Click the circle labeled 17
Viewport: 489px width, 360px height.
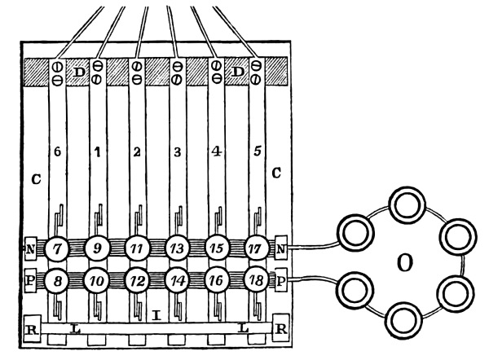[256, 246]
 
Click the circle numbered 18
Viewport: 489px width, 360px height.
[256, 280]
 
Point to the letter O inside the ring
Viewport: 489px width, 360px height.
[403, 263]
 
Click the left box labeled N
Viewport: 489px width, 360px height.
[29, 246]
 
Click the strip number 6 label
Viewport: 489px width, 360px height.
[57, 152]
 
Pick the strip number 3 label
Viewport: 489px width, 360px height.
[177, 152]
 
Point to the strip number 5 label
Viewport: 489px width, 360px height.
[256, 152]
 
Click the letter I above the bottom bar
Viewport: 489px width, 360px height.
[156, 313]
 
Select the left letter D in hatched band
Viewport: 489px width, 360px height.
[80, 72]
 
